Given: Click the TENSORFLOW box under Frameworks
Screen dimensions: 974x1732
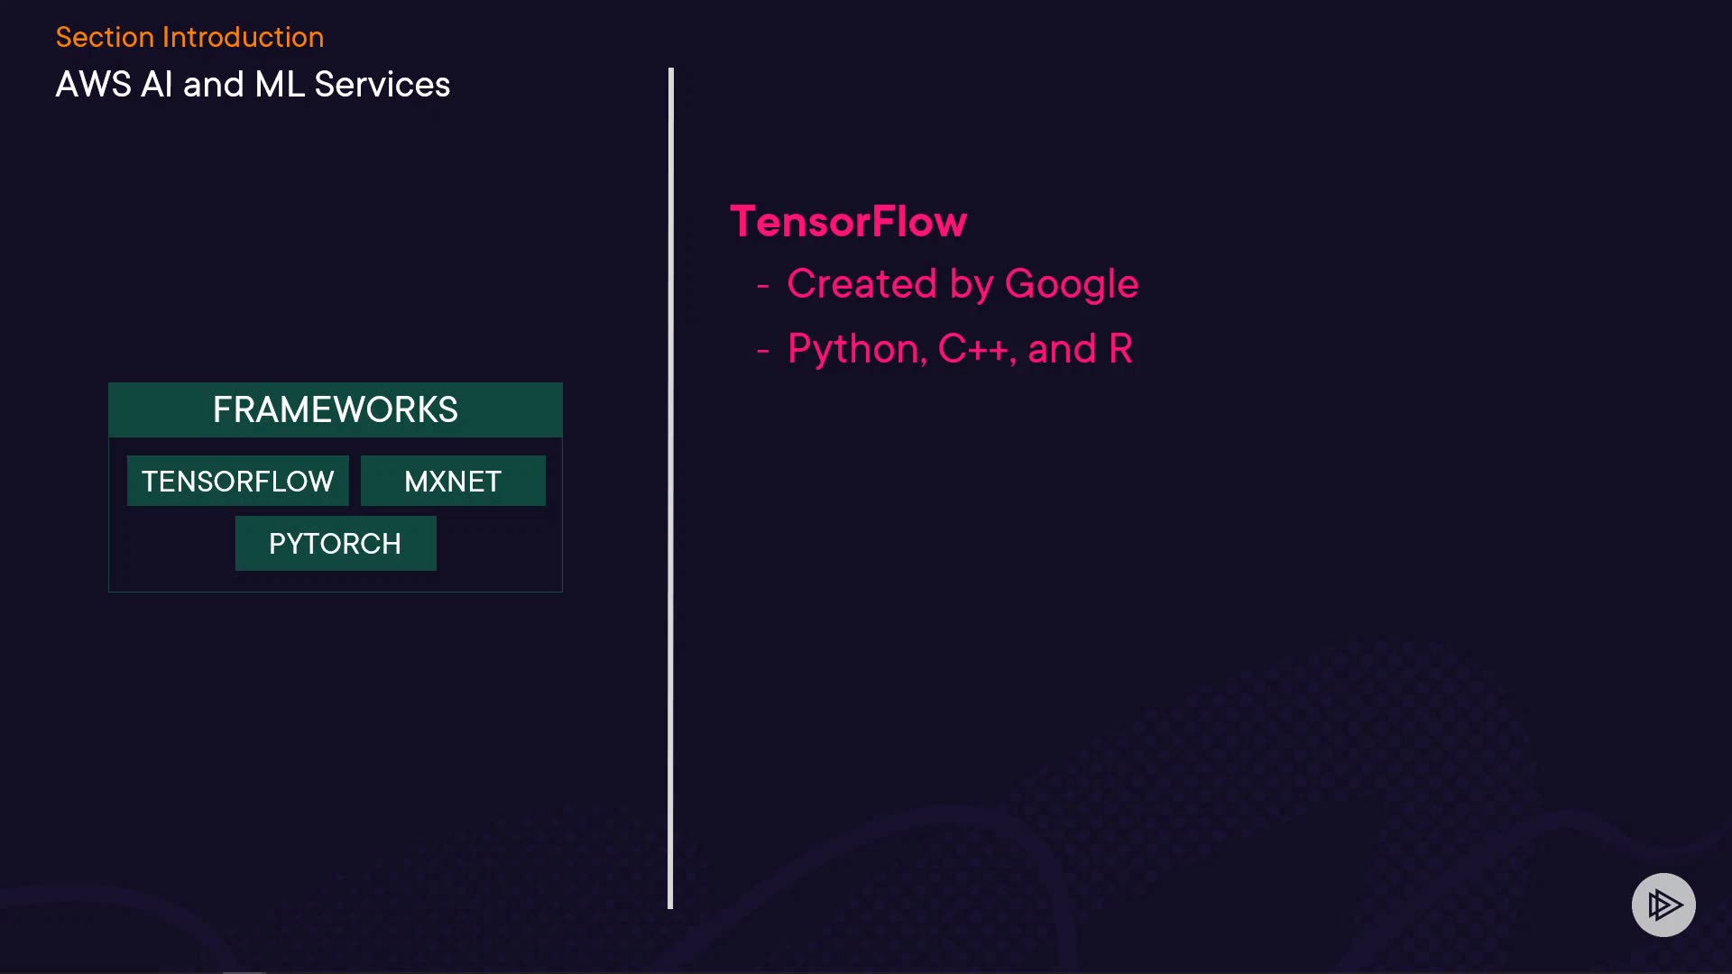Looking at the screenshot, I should point(237,481).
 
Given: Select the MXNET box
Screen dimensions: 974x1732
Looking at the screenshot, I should point(453,481).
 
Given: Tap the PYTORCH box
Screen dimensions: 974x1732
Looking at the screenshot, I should point(336,543).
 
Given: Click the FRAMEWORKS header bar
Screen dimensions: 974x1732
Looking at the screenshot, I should point(336,409).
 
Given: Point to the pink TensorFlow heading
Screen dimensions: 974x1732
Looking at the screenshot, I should point(848,222).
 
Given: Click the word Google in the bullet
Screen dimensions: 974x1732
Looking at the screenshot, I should point(1071,284).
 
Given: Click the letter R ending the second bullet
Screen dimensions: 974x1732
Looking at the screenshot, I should point(1120,349).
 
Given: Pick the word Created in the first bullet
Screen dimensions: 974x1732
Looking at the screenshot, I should point(861,284).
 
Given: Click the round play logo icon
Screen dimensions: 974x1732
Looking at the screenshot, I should point(1663,905).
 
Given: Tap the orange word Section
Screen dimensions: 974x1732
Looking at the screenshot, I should point(105,37).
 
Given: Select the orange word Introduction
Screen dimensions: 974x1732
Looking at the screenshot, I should point(243,37).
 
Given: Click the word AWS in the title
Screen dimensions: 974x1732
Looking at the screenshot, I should point(93,85).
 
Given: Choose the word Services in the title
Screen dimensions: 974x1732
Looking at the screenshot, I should point(382,85).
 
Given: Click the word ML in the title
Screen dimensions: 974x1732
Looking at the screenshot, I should point(280,85).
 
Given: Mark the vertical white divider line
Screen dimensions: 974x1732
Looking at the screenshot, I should point(670,487).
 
